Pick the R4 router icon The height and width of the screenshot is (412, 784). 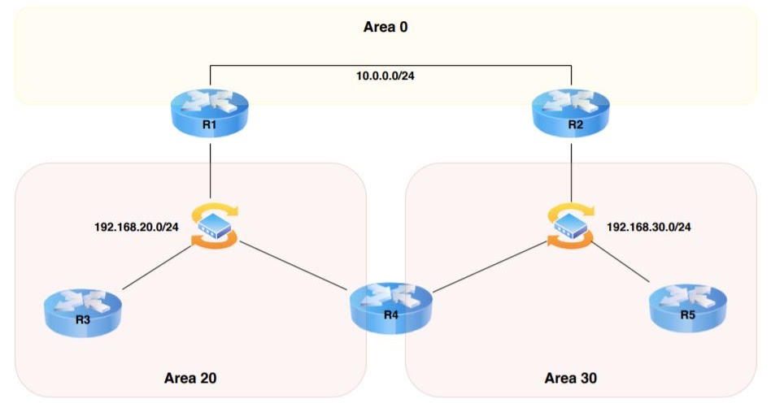click(390, 305)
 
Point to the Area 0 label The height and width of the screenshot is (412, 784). click(385, 27)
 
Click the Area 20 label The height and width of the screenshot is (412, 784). click(190, 378)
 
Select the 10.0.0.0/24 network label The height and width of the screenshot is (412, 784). click(390, 76)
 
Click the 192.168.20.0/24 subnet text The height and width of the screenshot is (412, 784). click(137, 226)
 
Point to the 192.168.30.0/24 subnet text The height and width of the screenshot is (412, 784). click(648, 226)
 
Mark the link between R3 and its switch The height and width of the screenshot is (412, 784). click(158, 266)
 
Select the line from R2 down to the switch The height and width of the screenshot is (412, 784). click(571, 171)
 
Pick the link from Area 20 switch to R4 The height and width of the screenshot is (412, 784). click(293, 266)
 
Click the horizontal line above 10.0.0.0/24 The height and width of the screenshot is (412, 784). click(390, 64)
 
